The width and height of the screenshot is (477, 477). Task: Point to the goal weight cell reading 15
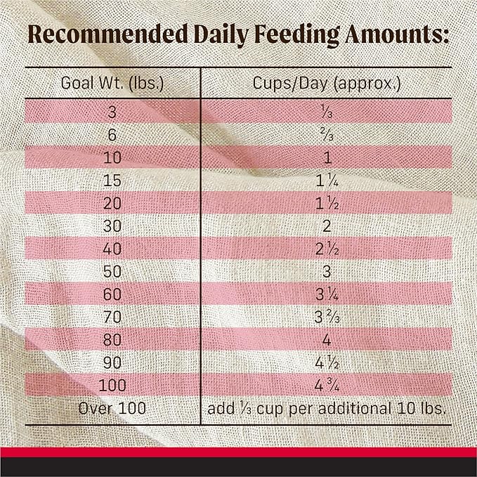pos(112,179)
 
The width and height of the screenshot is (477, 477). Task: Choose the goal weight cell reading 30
pos(112,225)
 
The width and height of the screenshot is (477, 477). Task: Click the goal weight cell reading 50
pos(112,270)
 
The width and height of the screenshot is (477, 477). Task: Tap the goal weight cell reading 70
pos(112,315)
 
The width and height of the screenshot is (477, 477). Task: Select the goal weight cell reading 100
pos(112,384)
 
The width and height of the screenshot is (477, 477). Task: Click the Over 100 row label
pos(112,407)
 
